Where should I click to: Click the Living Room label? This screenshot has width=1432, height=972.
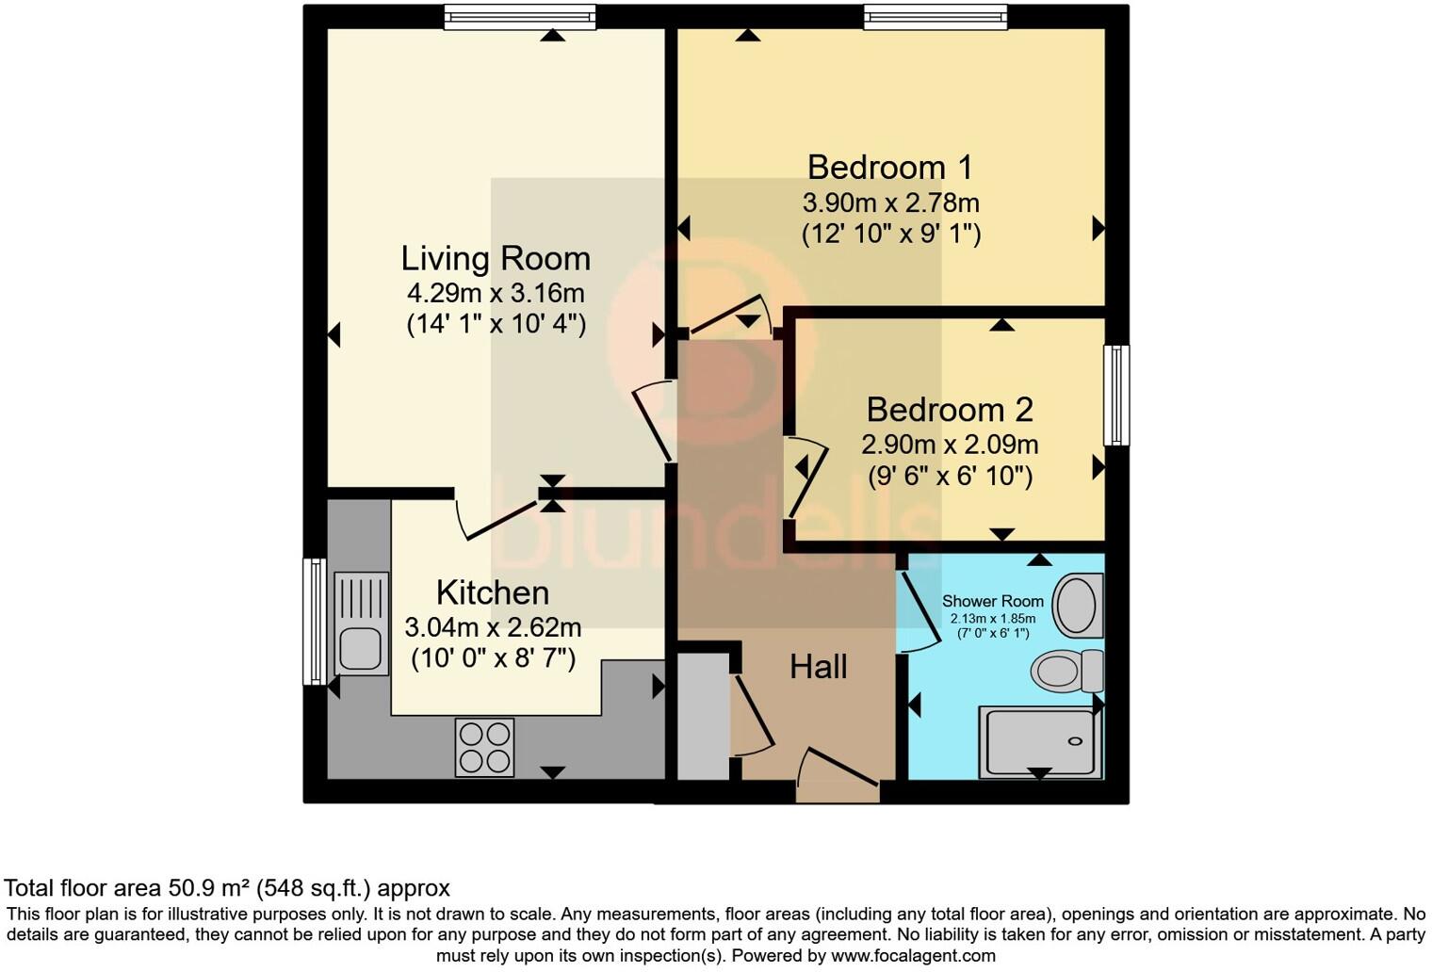click(496, 258)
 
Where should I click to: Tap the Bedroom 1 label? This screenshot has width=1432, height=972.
click(889, 167)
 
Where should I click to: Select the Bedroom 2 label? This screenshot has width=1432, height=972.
click(949, 410)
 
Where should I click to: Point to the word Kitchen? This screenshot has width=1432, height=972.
click(492, 592)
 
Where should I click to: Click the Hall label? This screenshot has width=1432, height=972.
click(818, 667)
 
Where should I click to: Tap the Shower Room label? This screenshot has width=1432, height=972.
click(992, 601)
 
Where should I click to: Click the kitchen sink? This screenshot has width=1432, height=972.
click(360, 623)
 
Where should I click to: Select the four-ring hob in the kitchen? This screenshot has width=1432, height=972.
click(484, 747)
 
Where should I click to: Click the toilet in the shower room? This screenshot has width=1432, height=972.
click(1066, 671)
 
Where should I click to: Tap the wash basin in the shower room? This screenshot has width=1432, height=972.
click(1077, 606)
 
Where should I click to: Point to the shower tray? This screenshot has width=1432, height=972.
click(1039, 742)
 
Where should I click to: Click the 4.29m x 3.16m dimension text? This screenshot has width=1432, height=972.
click(496, 292)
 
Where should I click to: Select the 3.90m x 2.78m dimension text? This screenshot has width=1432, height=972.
click(890, 202)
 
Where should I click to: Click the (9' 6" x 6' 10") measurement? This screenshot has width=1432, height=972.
click(950, 476)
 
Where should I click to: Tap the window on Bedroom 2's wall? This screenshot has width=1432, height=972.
click(1115, 395)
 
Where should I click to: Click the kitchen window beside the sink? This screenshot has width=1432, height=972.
click(314, 622)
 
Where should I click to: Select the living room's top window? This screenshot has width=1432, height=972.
click(520, 17)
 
